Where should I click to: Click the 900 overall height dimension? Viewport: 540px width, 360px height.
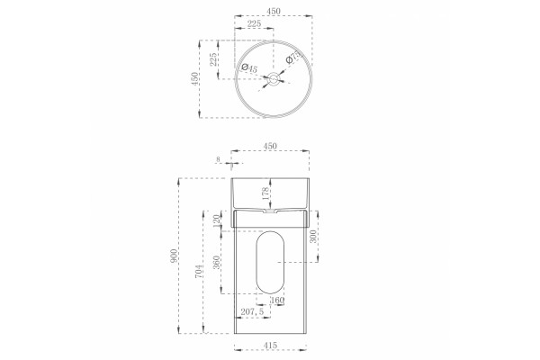(x=175, y=256)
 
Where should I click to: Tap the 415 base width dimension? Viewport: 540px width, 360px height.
(x=270, y=345)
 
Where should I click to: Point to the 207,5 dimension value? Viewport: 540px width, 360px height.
(x=252, y=311)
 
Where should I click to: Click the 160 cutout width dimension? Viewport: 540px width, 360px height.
(x=277, y=300)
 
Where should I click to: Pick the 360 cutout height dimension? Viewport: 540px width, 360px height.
(x=216, y=262)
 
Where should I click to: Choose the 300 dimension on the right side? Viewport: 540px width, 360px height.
(x=313, y=237)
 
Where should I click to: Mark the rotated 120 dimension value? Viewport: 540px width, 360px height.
(x=216, y=220)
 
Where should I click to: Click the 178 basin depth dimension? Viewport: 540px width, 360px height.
(x=265, y=193)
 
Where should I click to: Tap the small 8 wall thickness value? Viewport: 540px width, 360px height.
(x=218, y=159)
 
